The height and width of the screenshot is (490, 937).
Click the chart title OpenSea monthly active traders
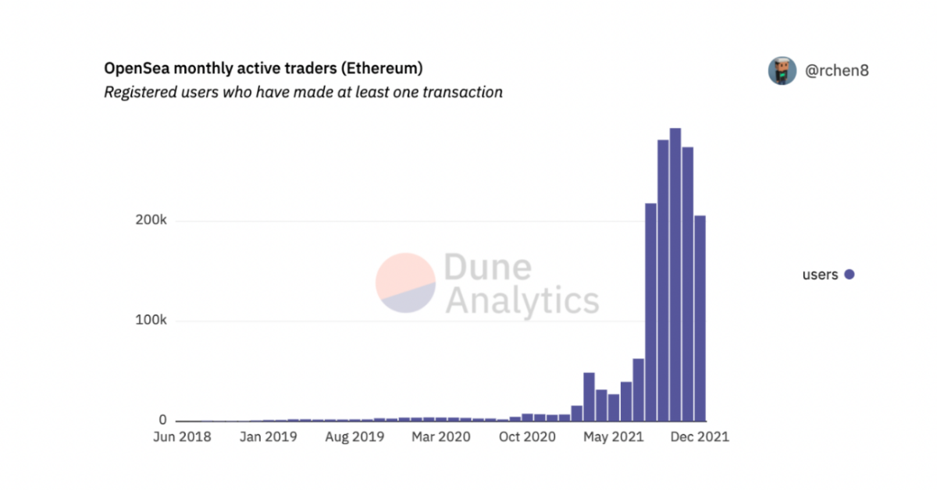[263, 69]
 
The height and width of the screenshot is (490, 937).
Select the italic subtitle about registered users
[303, 92]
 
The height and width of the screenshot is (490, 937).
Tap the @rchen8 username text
[837, 71]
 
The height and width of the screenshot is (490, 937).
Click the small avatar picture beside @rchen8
[782, 71]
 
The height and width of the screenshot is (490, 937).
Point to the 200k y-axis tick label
[151, 221]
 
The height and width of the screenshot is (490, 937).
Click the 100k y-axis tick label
[151, 321]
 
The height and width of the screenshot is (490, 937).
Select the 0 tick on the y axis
[162, 421]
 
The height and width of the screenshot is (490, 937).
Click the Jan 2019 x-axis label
[268, 437]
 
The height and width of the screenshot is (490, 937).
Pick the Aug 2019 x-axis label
[354, 437]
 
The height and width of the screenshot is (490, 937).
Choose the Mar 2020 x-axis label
[441, 437]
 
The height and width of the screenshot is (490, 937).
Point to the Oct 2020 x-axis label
[527, 437]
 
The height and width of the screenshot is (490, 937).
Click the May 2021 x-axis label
[613, 437]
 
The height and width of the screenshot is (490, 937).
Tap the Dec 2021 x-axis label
[699, 437]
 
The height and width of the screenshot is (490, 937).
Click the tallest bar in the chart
[675, 273]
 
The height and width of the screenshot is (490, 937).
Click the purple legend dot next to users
[849, 275]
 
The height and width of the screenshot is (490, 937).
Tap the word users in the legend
[820, 275]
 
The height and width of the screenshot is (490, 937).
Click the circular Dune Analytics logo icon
[405, 282]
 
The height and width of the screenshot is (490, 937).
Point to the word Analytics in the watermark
[522, 300]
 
